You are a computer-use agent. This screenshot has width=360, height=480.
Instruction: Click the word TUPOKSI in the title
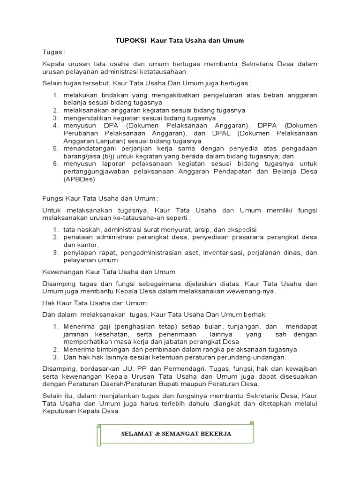(131, 41)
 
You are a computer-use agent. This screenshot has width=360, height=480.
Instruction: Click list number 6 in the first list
(55, 164)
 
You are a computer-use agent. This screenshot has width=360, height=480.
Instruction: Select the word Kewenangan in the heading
(62, 272)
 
